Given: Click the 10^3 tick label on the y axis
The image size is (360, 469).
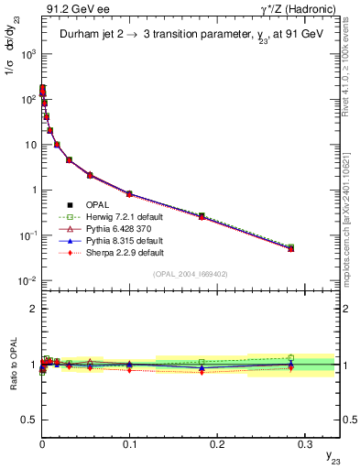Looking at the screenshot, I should point(27,55).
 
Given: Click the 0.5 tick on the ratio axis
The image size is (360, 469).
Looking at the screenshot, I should point(28,394).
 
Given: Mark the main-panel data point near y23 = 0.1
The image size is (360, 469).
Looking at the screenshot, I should point(129,194).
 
